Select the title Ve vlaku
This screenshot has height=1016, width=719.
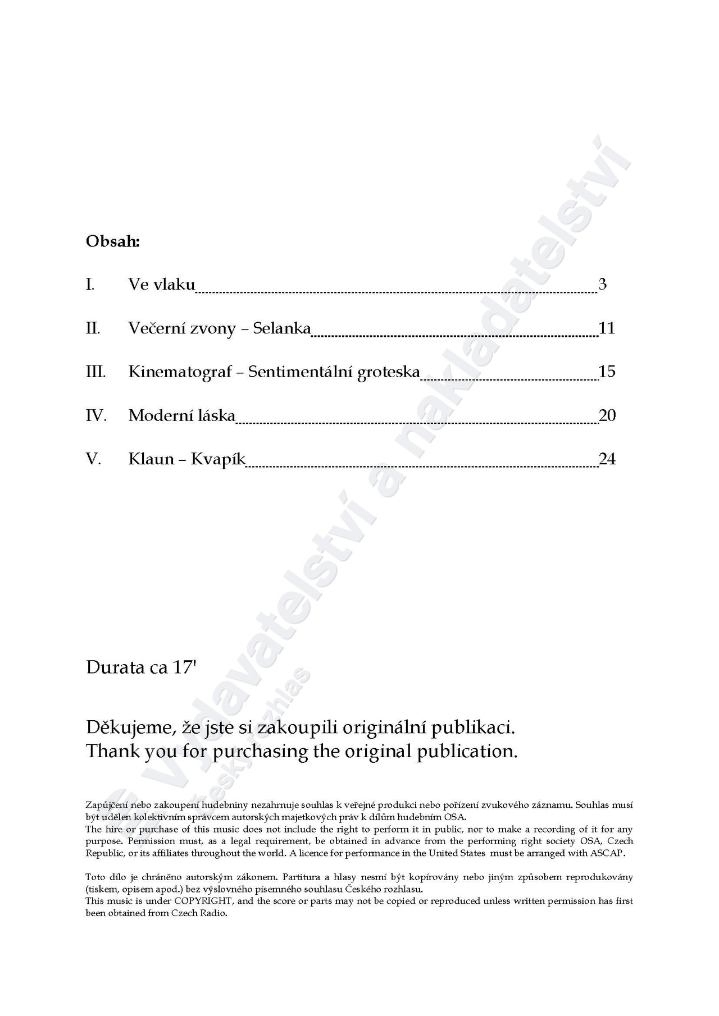click(x=161, y=284)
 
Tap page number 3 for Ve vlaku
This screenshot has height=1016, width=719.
click(x=602, y=284)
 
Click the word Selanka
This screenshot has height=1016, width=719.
click(x=281, y=328)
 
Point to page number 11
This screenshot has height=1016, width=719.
click(x=607, y=328)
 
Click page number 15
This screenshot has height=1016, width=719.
click(x=607, y=372)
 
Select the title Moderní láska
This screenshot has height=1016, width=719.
click(x=181, y=415)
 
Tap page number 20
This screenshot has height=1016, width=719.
click(x=607, y=415)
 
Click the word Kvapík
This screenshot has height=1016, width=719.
click(x=218, y=460)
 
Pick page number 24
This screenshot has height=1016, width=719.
click(x=607, y=459)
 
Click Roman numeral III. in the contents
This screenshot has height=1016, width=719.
click(x=95, y=372)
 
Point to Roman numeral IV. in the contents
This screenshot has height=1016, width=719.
click(x=96, y=415)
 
